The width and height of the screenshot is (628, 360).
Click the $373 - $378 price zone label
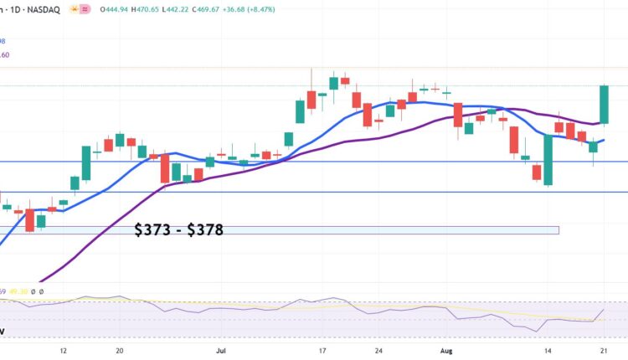pos(178,229)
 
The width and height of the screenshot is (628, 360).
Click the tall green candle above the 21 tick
pos(604,105)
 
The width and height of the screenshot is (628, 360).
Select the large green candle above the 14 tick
pos(548,159)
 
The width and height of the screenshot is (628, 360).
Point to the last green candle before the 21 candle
pos(593,147)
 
